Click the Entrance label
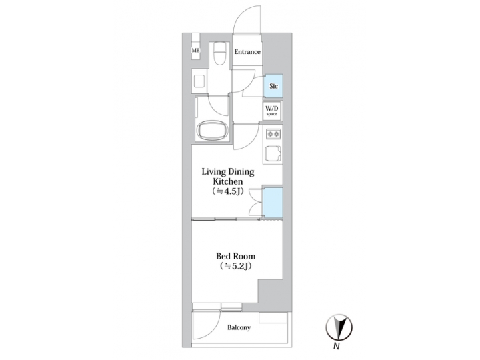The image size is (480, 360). coord(247,51)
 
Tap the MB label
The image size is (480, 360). coord(195,51)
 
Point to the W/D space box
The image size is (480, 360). coord(272,111)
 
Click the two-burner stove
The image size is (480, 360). coord(272,134)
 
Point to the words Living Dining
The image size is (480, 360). coord(229,171)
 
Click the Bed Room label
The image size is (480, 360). coord(235,255)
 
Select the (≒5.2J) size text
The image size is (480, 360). coord(235,267)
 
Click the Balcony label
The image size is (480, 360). coord(238,327)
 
